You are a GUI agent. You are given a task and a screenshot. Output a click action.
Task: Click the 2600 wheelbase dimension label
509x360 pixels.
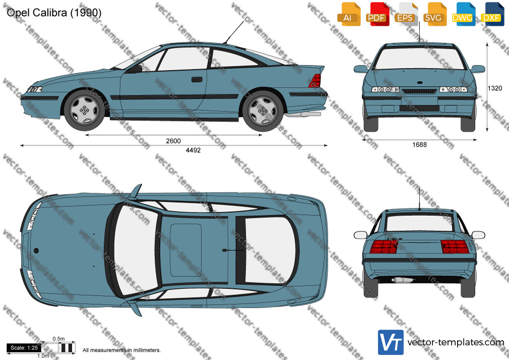(x=173, y=141)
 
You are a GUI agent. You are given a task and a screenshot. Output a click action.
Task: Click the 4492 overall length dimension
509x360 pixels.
(x=193, y=150)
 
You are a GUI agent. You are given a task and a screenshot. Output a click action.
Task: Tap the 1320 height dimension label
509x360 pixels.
(x=495, y=88)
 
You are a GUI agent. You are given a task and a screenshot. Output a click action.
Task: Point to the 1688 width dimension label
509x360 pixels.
(x=419, y=145)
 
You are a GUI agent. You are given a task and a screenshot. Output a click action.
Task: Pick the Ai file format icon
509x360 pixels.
(x=348, y=14)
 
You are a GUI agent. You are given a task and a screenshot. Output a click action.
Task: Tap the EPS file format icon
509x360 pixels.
(x=406, y=14)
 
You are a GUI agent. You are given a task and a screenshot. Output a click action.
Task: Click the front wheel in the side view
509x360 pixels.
(x=85, y=110)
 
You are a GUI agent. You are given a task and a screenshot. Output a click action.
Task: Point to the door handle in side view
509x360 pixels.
(x=197, y=79)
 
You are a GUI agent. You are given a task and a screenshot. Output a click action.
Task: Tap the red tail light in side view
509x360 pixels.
(x=315, y=80)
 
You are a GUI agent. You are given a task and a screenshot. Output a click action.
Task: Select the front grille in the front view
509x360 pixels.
(x=419, y=91)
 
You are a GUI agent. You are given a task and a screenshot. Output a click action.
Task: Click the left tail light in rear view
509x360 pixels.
(x=384, y=247)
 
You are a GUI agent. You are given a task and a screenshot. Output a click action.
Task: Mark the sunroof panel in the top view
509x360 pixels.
(x=185, y=250)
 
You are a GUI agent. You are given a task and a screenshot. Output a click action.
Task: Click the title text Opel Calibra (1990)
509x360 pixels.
(x=54, y=12)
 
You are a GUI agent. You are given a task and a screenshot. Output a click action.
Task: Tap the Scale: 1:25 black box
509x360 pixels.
(x=24, y=348)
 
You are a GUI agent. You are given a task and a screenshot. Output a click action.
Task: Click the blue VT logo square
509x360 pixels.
(x=391, y=342)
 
